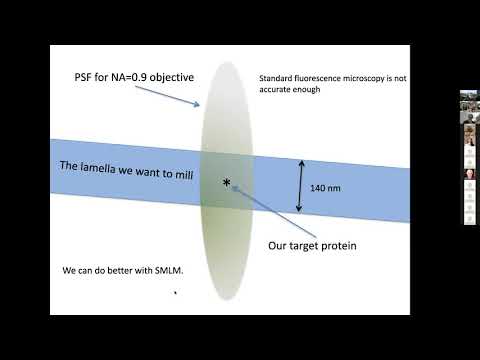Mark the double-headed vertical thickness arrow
(x=297, y=188)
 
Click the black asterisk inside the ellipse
(x=226, y=182)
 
